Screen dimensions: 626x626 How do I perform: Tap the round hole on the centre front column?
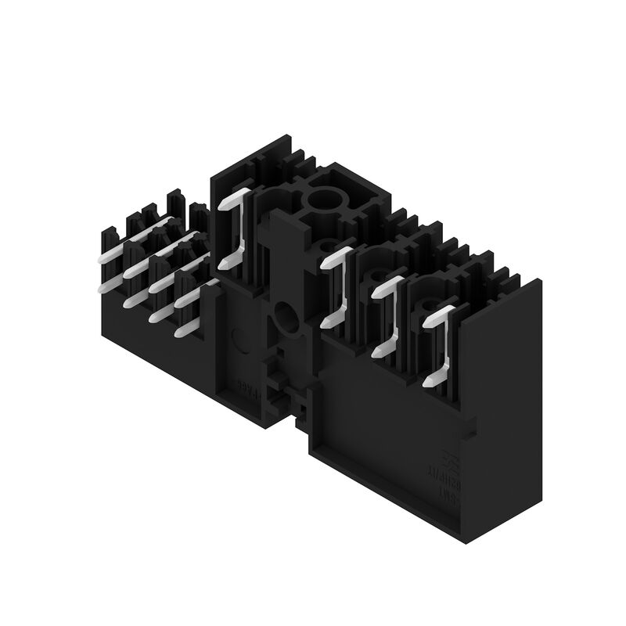tap(286, 319)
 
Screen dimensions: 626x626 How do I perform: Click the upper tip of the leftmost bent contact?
tap(223, 206)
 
